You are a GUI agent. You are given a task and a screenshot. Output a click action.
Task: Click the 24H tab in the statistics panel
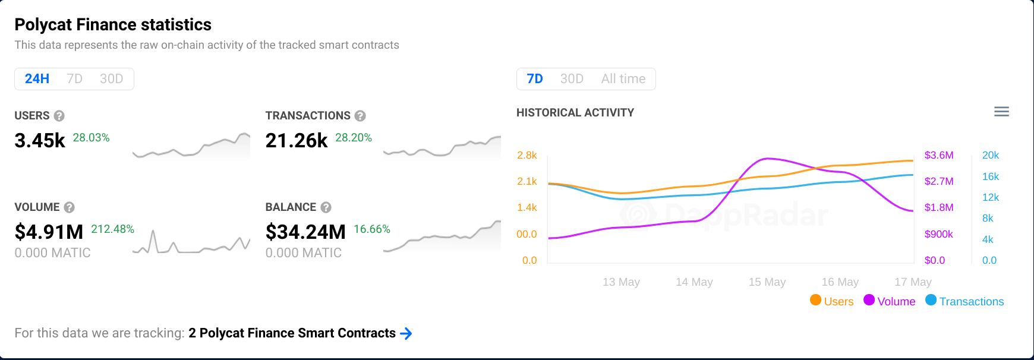(x=37, y=79)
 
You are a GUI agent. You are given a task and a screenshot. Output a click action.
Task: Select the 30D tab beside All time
(x=572, y=79)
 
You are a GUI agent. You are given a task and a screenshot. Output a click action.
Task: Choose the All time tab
(x=623, y=79)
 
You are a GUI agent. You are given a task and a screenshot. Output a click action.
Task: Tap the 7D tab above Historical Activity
(x=535, y=79)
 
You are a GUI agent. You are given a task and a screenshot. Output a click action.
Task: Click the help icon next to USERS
(x=59, y=116)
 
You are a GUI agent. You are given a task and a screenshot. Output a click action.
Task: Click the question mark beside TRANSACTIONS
(x=360, y=116)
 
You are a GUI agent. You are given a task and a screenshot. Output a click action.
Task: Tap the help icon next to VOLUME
(x=69, y=207)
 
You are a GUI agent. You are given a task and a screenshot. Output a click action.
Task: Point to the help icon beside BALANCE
(x=326, y=207)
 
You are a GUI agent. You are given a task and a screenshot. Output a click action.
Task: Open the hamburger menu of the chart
(x=1001, y=112)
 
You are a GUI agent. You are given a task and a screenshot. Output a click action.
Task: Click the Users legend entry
(x=832, y=301)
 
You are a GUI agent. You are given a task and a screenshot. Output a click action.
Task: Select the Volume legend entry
(x=890, y=301)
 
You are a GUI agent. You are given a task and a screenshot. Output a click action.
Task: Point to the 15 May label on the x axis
(x=767, y=282)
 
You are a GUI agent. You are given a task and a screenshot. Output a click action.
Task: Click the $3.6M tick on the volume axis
(x=939, y=155)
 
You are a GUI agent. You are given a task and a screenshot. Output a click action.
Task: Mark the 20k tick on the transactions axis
(x=990, y=155)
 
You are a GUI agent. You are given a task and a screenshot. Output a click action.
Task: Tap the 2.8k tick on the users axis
(x=527, y=155)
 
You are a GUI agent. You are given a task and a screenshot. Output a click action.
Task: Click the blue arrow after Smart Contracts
(x=406, y=333)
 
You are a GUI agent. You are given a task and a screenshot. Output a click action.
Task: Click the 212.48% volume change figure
(x=112, y=229)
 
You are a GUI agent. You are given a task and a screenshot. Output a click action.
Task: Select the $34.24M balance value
(x=305, y=232)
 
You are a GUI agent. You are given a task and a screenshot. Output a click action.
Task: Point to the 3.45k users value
(x=40, y=141)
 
